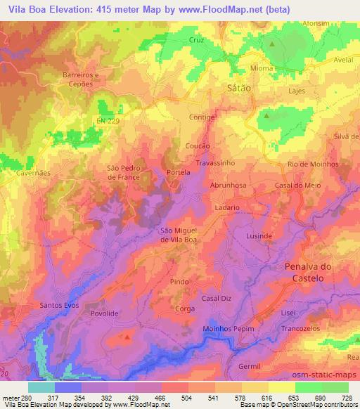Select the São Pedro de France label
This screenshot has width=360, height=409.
point(127,172)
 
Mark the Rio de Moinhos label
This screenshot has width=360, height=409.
point(313,164)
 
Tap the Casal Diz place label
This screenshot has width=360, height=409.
point(216,299)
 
